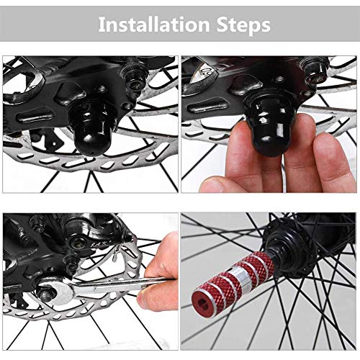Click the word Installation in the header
[154, 24]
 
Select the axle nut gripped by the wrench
[47, 295]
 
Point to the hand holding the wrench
[158, 271]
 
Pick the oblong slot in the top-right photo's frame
[208, 107]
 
